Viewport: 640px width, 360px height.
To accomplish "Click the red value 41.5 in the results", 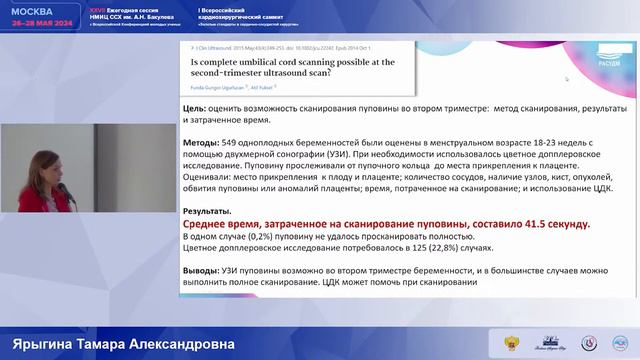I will (x=537, y=225).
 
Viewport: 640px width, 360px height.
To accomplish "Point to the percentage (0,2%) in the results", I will (x=264, y=238).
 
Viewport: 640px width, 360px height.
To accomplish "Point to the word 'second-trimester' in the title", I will (x=235, y=75).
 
